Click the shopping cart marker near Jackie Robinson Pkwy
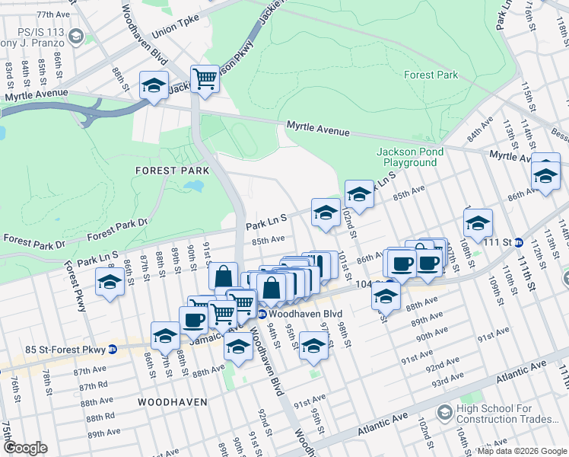[205, 78]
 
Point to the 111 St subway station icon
[519, 242]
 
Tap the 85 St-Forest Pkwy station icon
[113, 350]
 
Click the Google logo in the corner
[26, 448]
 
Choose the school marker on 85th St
[110, 283]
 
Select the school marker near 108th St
[478, 223]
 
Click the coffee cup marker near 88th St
[193, 320]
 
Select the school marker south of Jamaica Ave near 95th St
[313, 345]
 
